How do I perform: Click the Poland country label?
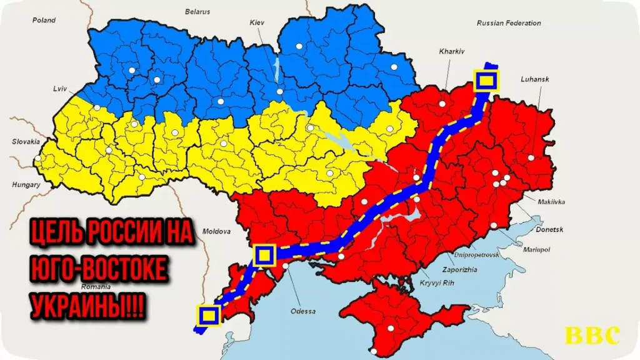44,20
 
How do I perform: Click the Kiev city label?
257,22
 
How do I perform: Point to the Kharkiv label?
452,52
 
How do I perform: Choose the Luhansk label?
534,80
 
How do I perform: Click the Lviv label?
60,89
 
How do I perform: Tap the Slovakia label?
26,142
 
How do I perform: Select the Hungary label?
26,185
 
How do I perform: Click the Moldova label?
217,231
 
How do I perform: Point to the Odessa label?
303,311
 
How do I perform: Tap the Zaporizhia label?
461,269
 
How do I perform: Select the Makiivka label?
551,201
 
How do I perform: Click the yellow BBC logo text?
592,336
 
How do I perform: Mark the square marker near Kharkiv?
487,81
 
